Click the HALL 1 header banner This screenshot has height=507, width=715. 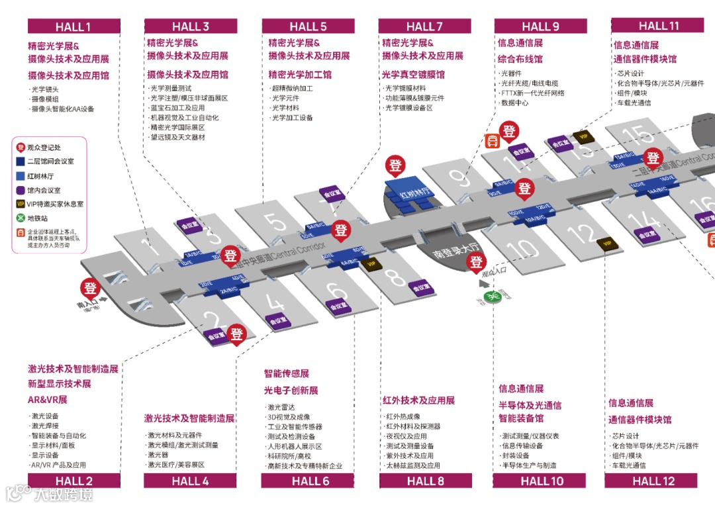pyautogui.click(x=73, y=26)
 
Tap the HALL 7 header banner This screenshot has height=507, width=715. pyautogui.click(x=425, y=26)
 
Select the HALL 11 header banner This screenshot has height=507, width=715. pyautogui.click(x=658, y=26)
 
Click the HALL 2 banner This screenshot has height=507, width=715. pyautogui.click(x=74, y=481)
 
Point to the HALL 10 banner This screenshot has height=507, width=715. pyautogui.click(x=542, y=481)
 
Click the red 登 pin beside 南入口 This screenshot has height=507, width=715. pyautogui.click(x=91, y=289)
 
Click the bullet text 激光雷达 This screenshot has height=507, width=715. pyautogui.click(x=281, y=407)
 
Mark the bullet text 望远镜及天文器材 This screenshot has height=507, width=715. pyautogui.click(x=177, y=137)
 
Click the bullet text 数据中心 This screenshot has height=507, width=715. pyautogui.click(x=515, y=103)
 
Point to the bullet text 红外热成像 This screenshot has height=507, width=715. pyautogui.click(x=403, y=416)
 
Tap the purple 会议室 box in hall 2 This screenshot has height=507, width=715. pyautogui.click(x=216, y=336)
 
